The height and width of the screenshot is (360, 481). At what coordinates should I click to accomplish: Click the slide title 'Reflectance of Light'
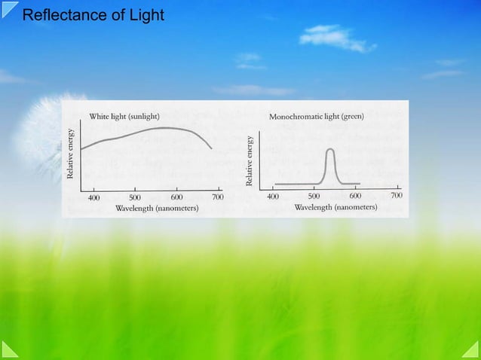[93, 15]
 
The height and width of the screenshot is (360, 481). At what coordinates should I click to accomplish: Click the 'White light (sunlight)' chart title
[124, 117]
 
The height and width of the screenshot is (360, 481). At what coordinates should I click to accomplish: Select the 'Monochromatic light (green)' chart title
[317, 117]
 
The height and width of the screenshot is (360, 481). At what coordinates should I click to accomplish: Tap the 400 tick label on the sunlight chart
[93, 197]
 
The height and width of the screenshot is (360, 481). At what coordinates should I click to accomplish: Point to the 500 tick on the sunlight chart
[135, 197]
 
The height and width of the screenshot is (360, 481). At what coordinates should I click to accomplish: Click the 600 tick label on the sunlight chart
[176, 197]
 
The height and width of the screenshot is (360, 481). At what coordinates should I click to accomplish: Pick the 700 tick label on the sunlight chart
[217, 197]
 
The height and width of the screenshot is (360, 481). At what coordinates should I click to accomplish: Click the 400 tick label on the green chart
[274, 196]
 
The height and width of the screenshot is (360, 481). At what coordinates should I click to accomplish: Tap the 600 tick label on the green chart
[355, 196]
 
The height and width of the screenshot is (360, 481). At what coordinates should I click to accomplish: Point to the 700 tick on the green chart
[397, 196]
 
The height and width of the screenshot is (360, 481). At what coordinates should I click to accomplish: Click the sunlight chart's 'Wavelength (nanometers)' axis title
[157, 208]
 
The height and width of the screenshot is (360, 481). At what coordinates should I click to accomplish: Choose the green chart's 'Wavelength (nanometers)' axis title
[335, 206]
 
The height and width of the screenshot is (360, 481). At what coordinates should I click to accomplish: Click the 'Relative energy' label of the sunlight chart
[70, 154]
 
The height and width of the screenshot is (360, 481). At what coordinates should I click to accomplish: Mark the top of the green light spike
[329, 149]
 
